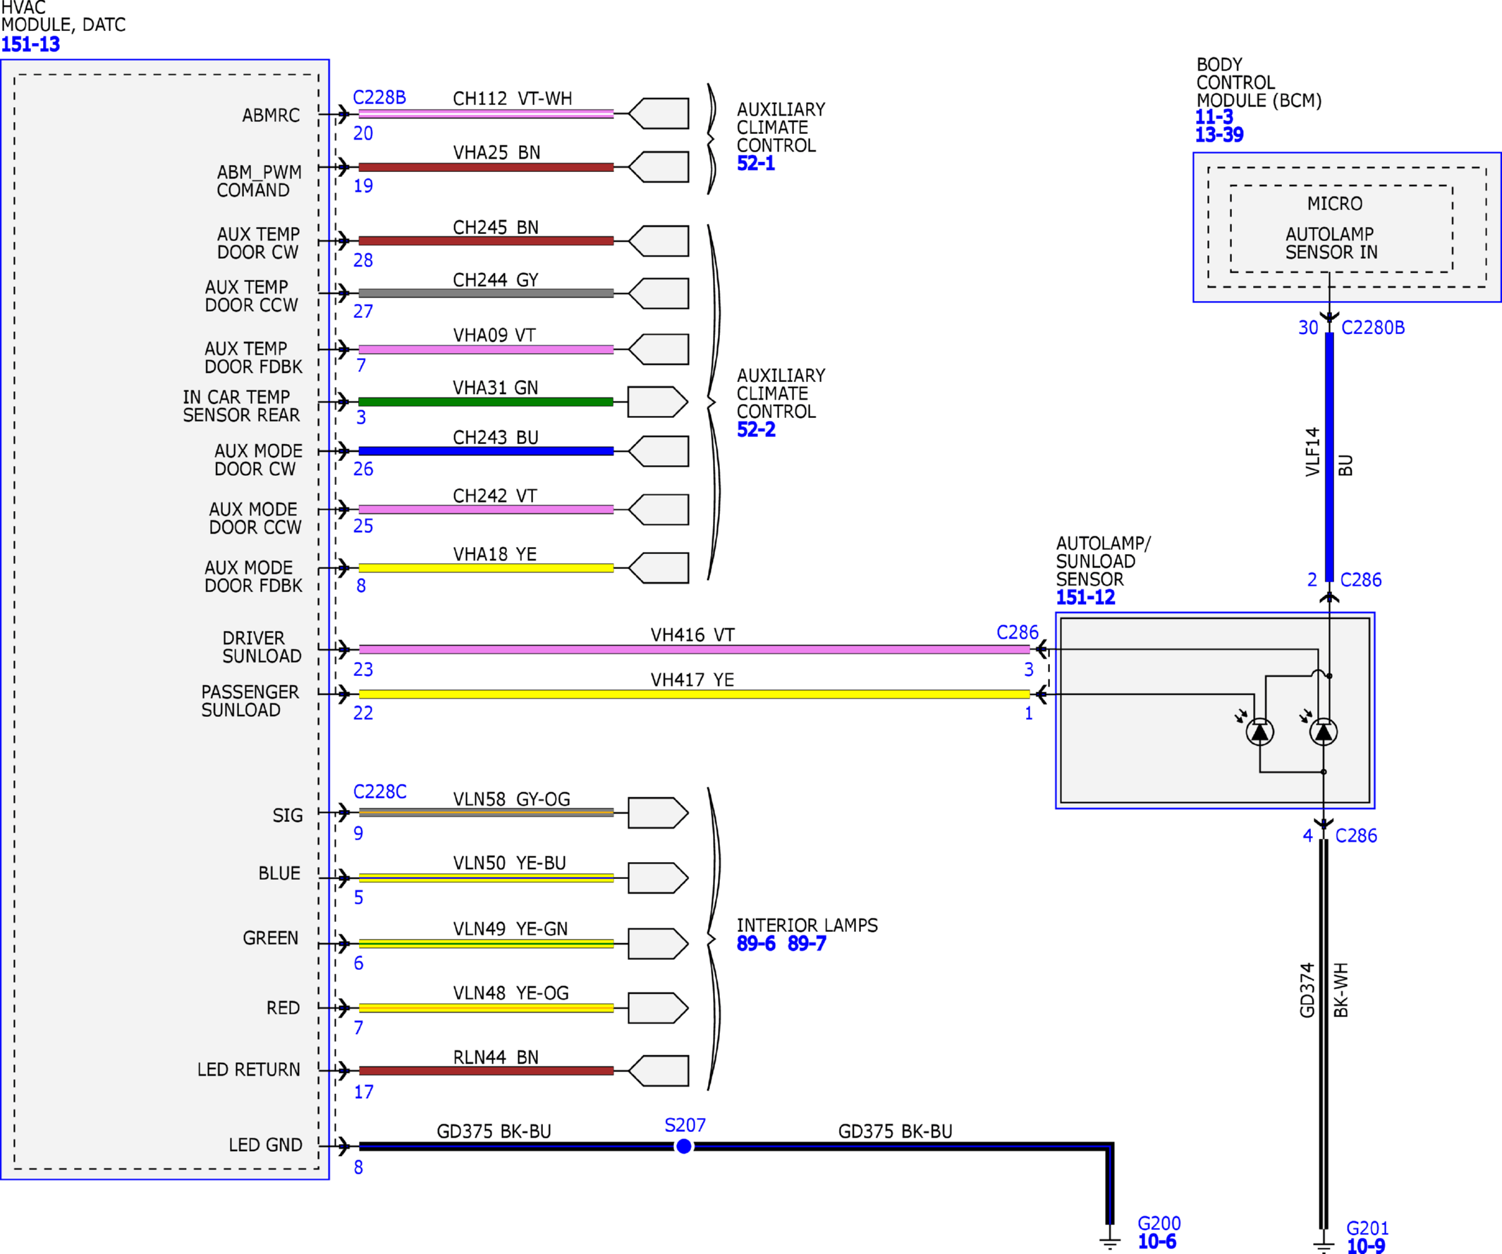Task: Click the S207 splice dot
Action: [684, 1146]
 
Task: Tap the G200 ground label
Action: [1159, 1223]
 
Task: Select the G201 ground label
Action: [1367, 1228]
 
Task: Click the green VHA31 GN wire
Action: [486, 402]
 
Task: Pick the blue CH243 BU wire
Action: [486, 451]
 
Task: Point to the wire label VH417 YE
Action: [692, 680]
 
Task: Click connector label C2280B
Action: [1372, 328]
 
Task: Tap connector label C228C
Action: [380, 792]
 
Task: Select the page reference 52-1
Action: [756, 164]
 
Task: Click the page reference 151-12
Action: [1086, 598]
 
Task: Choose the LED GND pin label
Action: [265, 1145]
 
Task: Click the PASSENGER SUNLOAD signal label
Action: [250, 701]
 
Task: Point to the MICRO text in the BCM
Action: [1335, 204]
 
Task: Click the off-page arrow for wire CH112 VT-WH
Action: [659, 113]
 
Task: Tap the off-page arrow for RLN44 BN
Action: [659, 1071]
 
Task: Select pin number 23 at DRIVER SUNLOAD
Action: [362, 669]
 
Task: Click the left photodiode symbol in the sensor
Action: [1259, 732]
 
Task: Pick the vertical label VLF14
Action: [1312, 452]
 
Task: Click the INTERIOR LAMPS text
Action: [807, 925]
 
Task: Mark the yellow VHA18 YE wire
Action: [486, 568]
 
